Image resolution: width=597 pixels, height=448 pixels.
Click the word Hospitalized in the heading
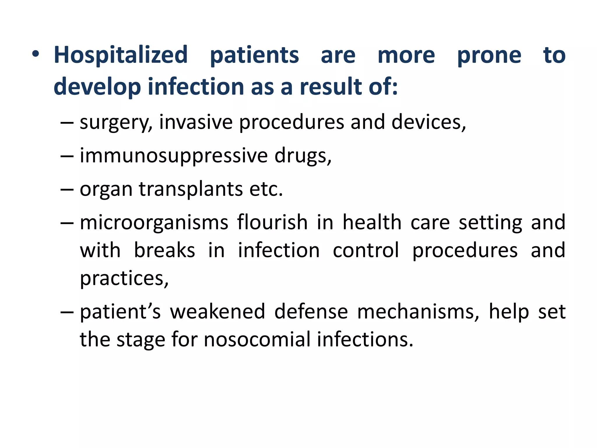tap(121, 55)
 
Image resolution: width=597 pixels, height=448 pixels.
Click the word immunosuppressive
tap(174, 156)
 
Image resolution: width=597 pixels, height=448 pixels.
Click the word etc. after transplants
tap(266, 189)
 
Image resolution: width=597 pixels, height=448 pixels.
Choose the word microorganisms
tap(154, 223)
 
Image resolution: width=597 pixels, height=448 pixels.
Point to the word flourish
tap(272, 223)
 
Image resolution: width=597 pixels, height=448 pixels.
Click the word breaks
tap(164, 250)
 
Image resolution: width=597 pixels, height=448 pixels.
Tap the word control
tap(366, 250)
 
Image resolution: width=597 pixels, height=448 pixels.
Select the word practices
tap(124, 279)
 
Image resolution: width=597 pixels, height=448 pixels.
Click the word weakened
tap(217, 311)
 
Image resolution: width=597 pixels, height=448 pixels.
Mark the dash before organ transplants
tap(67, 190)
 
